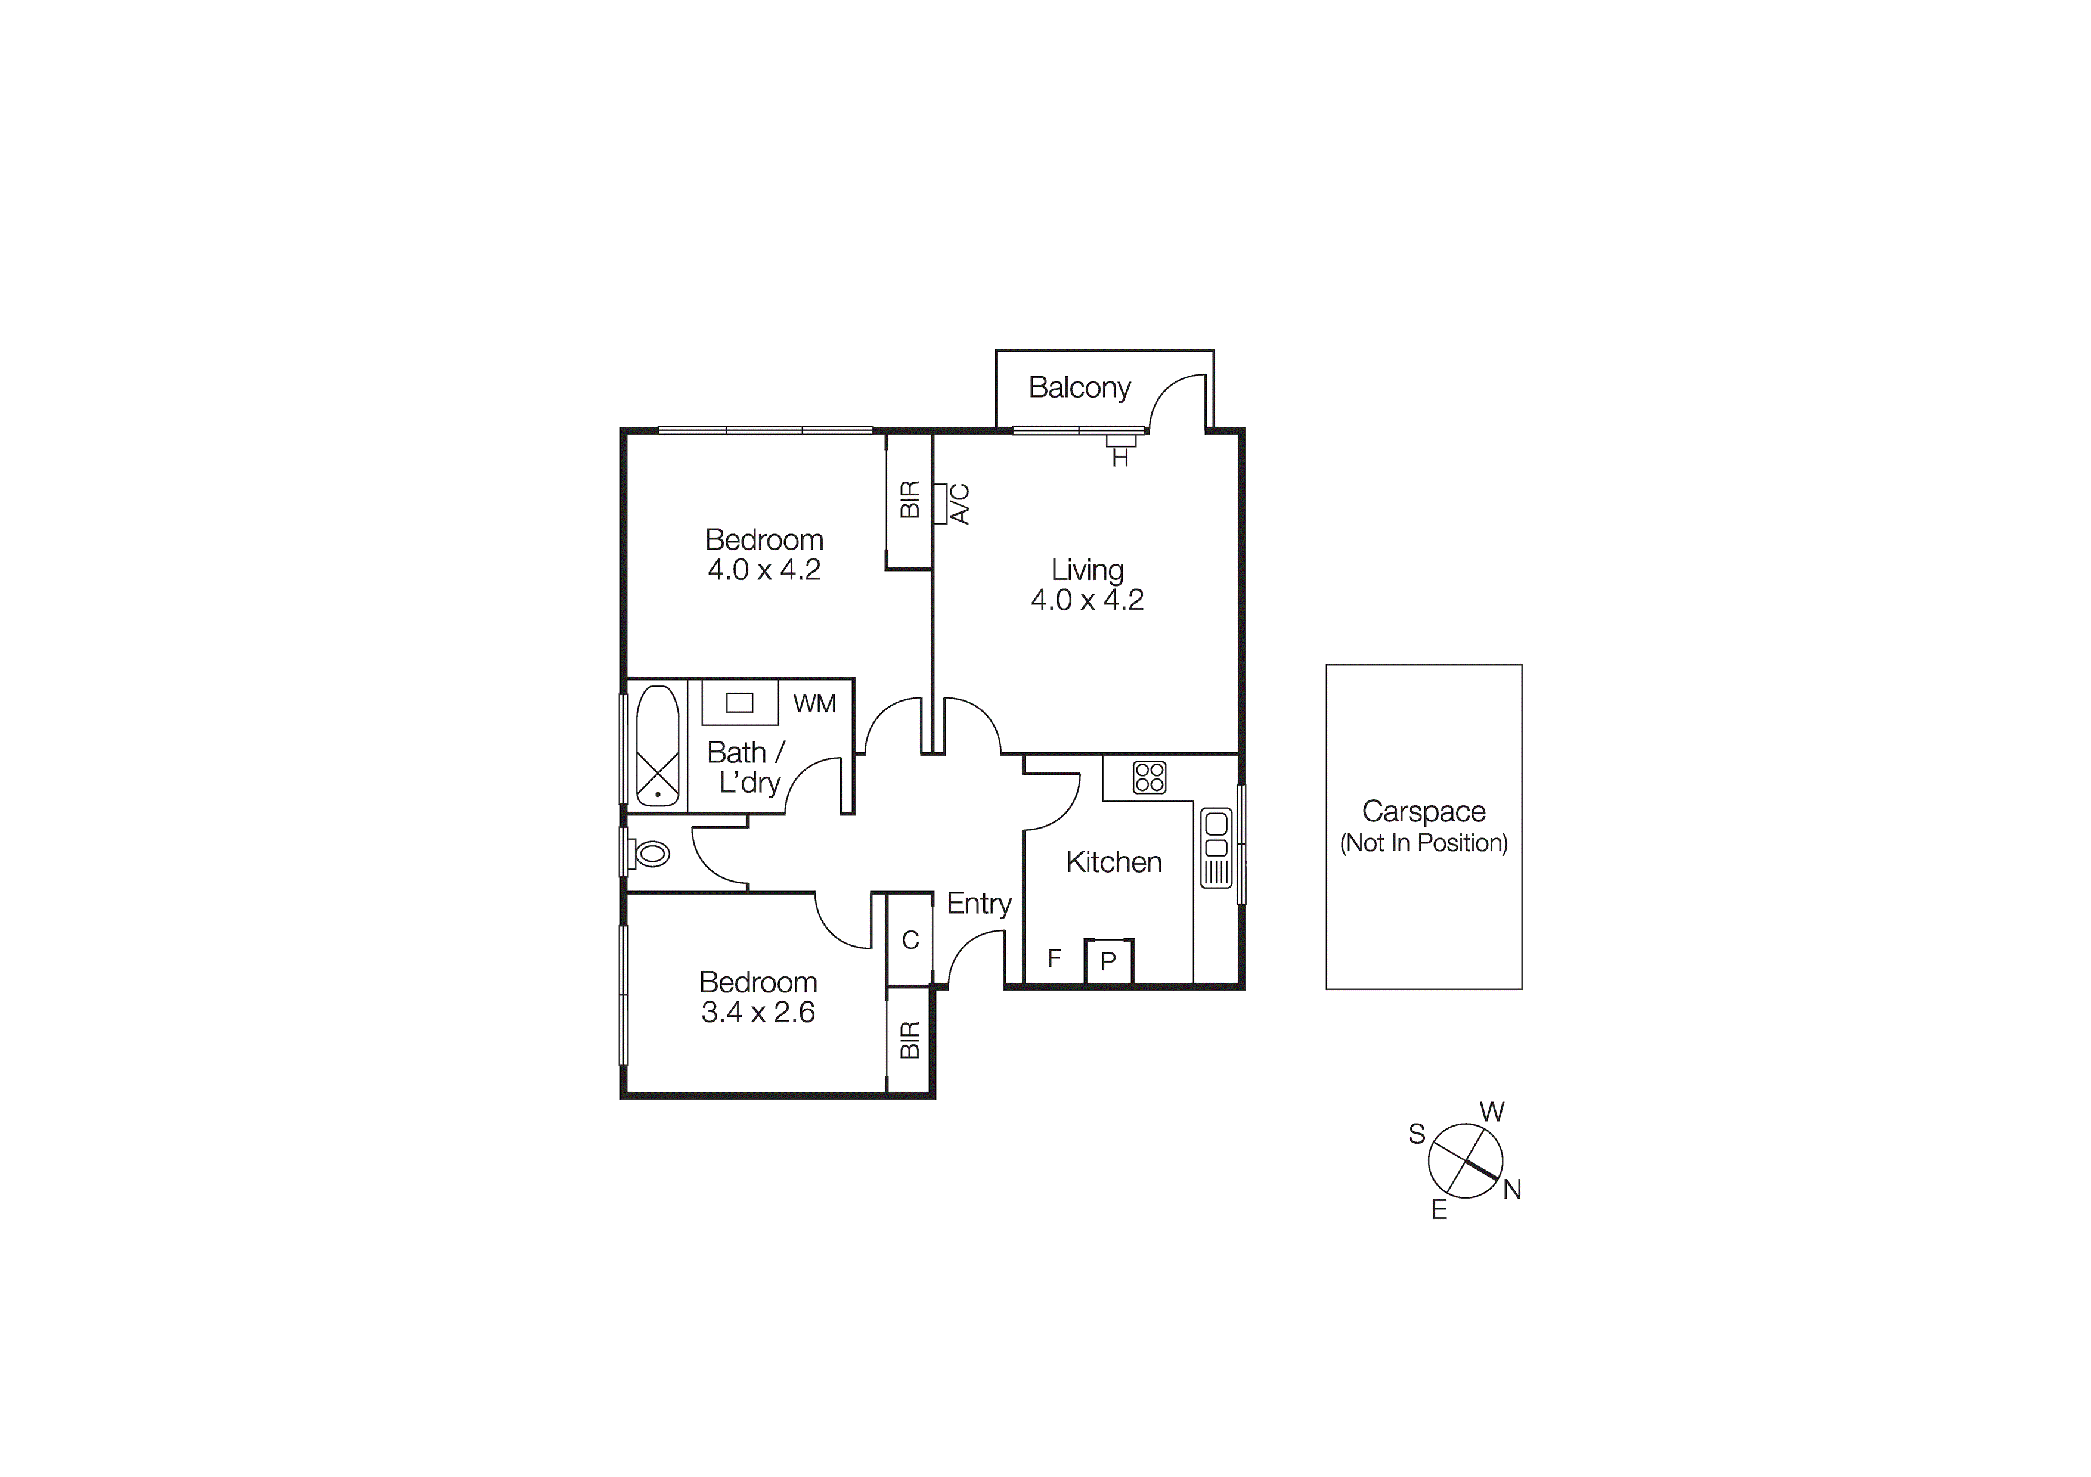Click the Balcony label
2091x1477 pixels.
click(1079, 388)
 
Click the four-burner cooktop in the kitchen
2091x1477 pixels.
click(1150, 777)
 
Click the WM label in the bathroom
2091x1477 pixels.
click(814, 704)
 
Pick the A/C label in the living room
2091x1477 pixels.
click(960, 504)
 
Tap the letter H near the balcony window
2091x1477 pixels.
click(1120, 459)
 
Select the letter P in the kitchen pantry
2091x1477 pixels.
click(1108, 961)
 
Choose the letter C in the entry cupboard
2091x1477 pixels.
click(910, 941)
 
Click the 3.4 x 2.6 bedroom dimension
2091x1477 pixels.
click(758, 1013)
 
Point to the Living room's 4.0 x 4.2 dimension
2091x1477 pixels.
click(1088, 600)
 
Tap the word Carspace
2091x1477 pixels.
click(1423, 811)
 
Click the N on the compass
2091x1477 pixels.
click(1512, 1190)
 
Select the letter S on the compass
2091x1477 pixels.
click(1416, 1134)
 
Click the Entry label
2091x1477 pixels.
click(979, 904)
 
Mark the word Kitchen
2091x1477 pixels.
click(1114, 862)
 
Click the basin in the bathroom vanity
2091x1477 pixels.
click(739, 703)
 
